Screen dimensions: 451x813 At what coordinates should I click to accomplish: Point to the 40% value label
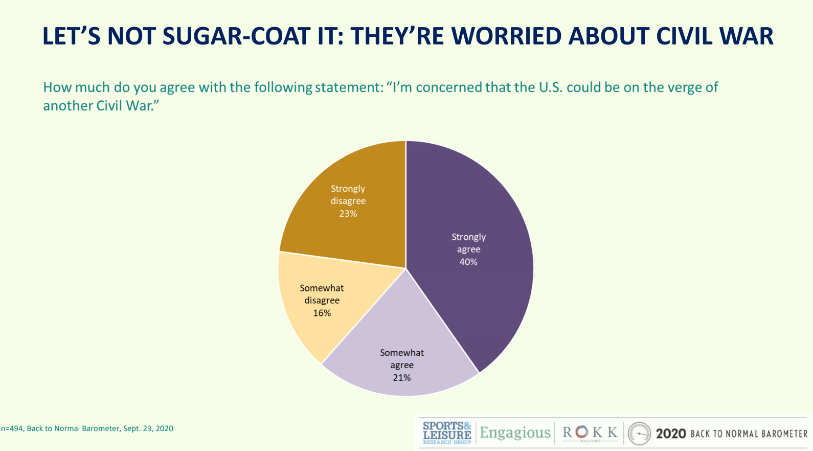468,262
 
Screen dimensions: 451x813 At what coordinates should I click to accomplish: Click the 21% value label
402,378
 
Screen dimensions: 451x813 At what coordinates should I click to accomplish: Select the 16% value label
322,313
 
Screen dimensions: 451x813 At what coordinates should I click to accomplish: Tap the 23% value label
348,214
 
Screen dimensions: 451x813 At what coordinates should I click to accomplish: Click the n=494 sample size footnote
12,429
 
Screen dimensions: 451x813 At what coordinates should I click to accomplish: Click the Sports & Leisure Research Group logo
447,433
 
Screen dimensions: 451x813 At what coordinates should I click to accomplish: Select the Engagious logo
515,433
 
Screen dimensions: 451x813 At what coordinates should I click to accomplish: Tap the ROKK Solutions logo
590,433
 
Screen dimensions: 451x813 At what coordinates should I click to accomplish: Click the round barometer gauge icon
639,434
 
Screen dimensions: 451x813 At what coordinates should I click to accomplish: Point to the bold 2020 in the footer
671,434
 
